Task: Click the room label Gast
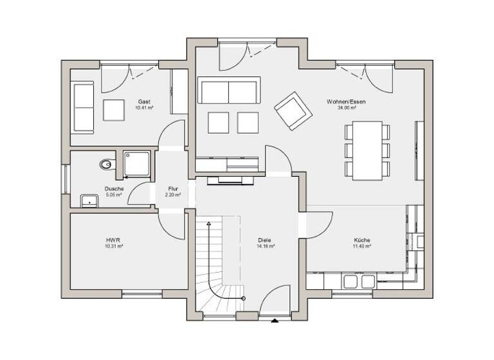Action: tap(144, 102)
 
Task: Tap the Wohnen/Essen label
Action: tap(342, 102)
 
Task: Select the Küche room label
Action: tap(361, 240)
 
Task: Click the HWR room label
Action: tap(114, 240)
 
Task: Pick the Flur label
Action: tap(172, 188)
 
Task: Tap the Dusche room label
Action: tap(114, 188)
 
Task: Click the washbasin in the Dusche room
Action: tap(89, 201)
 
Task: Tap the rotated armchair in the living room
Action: tap(293, 110)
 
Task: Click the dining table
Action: tap(367, 150)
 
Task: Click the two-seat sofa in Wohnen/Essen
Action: tap(228, 91)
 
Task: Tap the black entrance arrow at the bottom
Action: tap(275, 320)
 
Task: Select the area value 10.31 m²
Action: tap(114, 246)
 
